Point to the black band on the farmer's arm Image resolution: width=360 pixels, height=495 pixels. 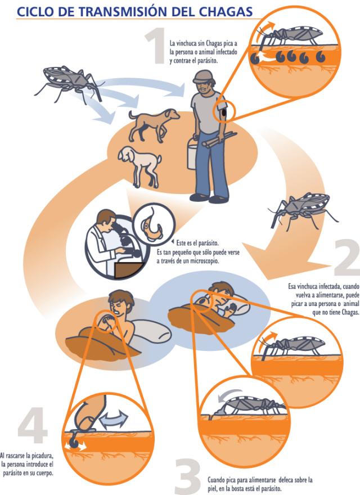(x=224, y=112)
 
